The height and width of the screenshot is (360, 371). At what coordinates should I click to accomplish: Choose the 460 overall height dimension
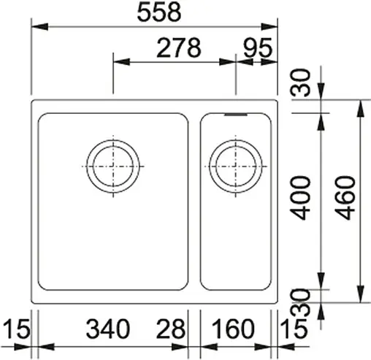tap(347, 197)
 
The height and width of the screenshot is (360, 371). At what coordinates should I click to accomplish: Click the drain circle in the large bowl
tap(112, 164)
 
